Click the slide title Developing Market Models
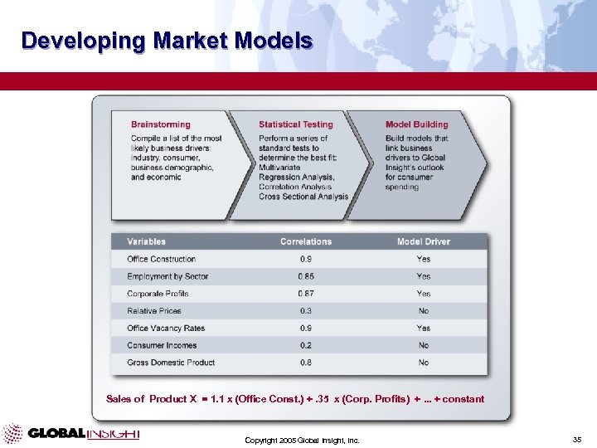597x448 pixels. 167,41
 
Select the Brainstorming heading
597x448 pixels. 160,124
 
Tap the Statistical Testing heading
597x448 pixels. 295,124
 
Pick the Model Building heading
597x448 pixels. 416,124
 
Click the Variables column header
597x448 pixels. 146,241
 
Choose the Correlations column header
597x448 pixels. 305,241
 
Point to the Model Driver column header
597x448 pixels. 423,241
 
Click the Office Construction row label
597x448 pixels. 161,259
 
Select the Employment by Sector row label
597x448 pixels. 167,276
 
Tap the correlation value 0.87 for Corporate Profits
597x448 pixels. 305,294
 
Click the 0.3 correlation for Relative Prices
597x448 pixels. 305,311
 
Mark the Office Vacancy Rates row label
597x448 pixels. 166,329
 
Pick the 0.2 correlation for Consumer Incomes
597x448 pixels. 305,345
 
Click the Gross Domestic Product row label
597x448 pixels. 171,363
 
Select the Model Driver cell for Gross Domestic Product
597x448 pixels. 423,363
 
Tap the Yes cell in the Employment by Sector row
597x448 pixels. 423,276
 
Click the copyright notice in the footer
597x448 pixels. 302,440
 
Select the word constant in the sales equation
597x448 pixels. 464,399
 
